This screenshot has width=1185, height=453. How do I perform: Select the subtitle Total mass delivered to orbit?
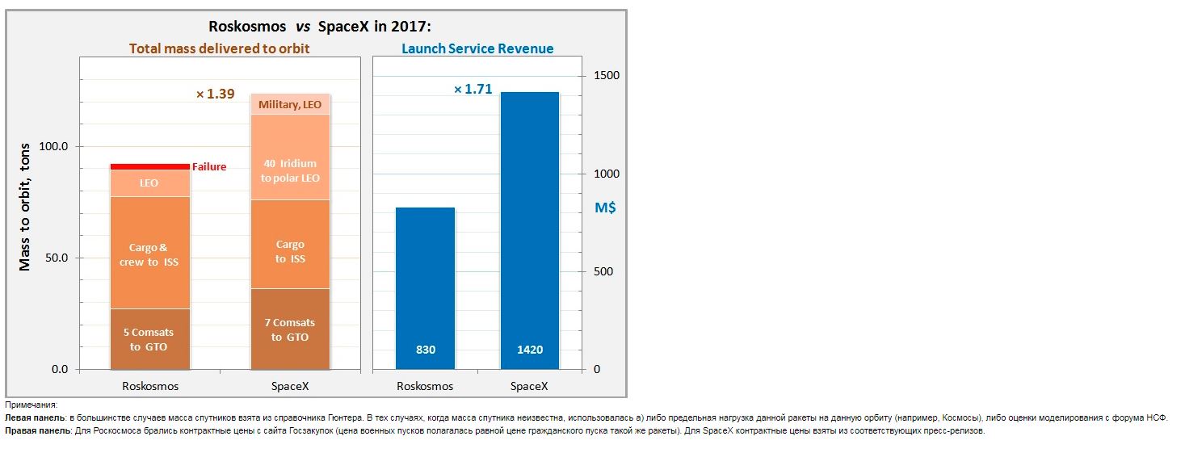click(x=219, y=48)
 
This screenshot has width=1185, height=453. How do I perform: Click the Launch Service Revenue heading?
click(x=477, y=48)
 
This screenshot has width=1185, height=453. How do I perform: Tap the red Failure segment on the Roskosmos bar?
click(x=149, y=166)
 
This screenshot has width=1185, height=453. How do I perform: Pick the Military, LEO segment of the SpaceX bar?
click(x=290, y=104)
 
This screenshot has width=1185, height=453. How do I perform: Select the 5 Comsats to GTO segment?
click(x=149, y=339)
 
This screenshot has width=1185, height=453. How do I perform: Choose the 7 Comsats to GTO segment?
click(x=290, y=329)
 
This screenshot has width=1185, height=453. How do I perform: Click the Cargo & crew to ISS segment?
click(x=149, y=254)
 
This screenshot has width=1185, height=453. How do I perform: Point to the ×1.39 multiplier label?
click(x=215, y=94)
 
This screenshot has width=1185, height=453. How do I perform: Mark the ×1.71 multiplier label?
click(x=473, y=90)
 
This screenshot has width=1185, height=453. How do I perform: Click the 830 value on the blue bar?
click(x=426, y=350)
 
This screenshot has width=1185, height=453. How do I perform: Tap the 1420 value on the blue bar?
click(x=530, y=350)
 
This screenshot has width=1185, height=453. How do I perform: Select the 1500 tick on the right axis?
click(x=606, y=76)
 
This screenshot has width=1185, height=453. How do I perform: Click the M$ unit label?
click(x=605, y=208)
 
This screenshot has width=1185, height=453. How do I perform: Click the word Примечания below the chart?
click(x=31, y=405)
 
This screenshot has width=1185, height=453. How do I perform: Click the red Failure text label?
click(x=209, y=167)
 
